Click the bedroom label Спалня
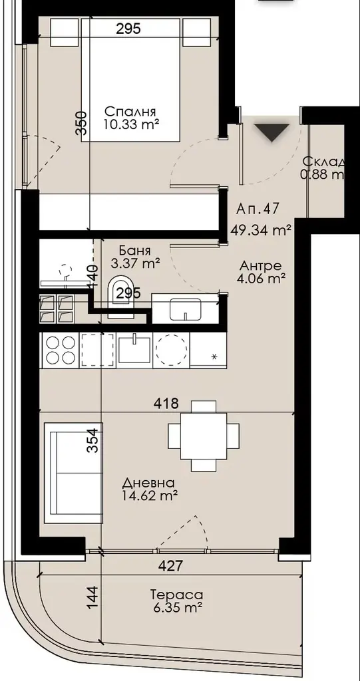coord(130,112)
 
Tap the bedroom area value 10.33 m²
coord(130,124)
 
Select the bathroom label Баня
coord(135,251)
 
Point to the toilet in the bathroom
coord(121,295)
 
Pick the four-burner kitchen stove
coord(59,350)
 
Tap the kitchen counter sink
coord(134,350)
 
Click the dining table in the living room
coord(204,436)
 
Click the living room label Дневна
coord(148,483)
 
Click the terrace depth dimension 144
coord(93,597)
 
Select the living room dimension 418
coord(166,404)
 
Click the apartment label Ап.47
coord(257,209)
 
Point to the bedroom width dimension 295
coord(128,29)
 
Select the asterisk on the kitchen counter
coord(214,357)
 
